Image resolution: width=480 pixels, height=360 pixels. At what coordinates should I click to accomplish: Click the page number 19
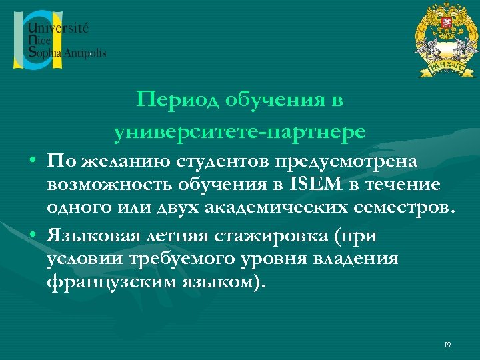pyautogui.click(x=447, y=344)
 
